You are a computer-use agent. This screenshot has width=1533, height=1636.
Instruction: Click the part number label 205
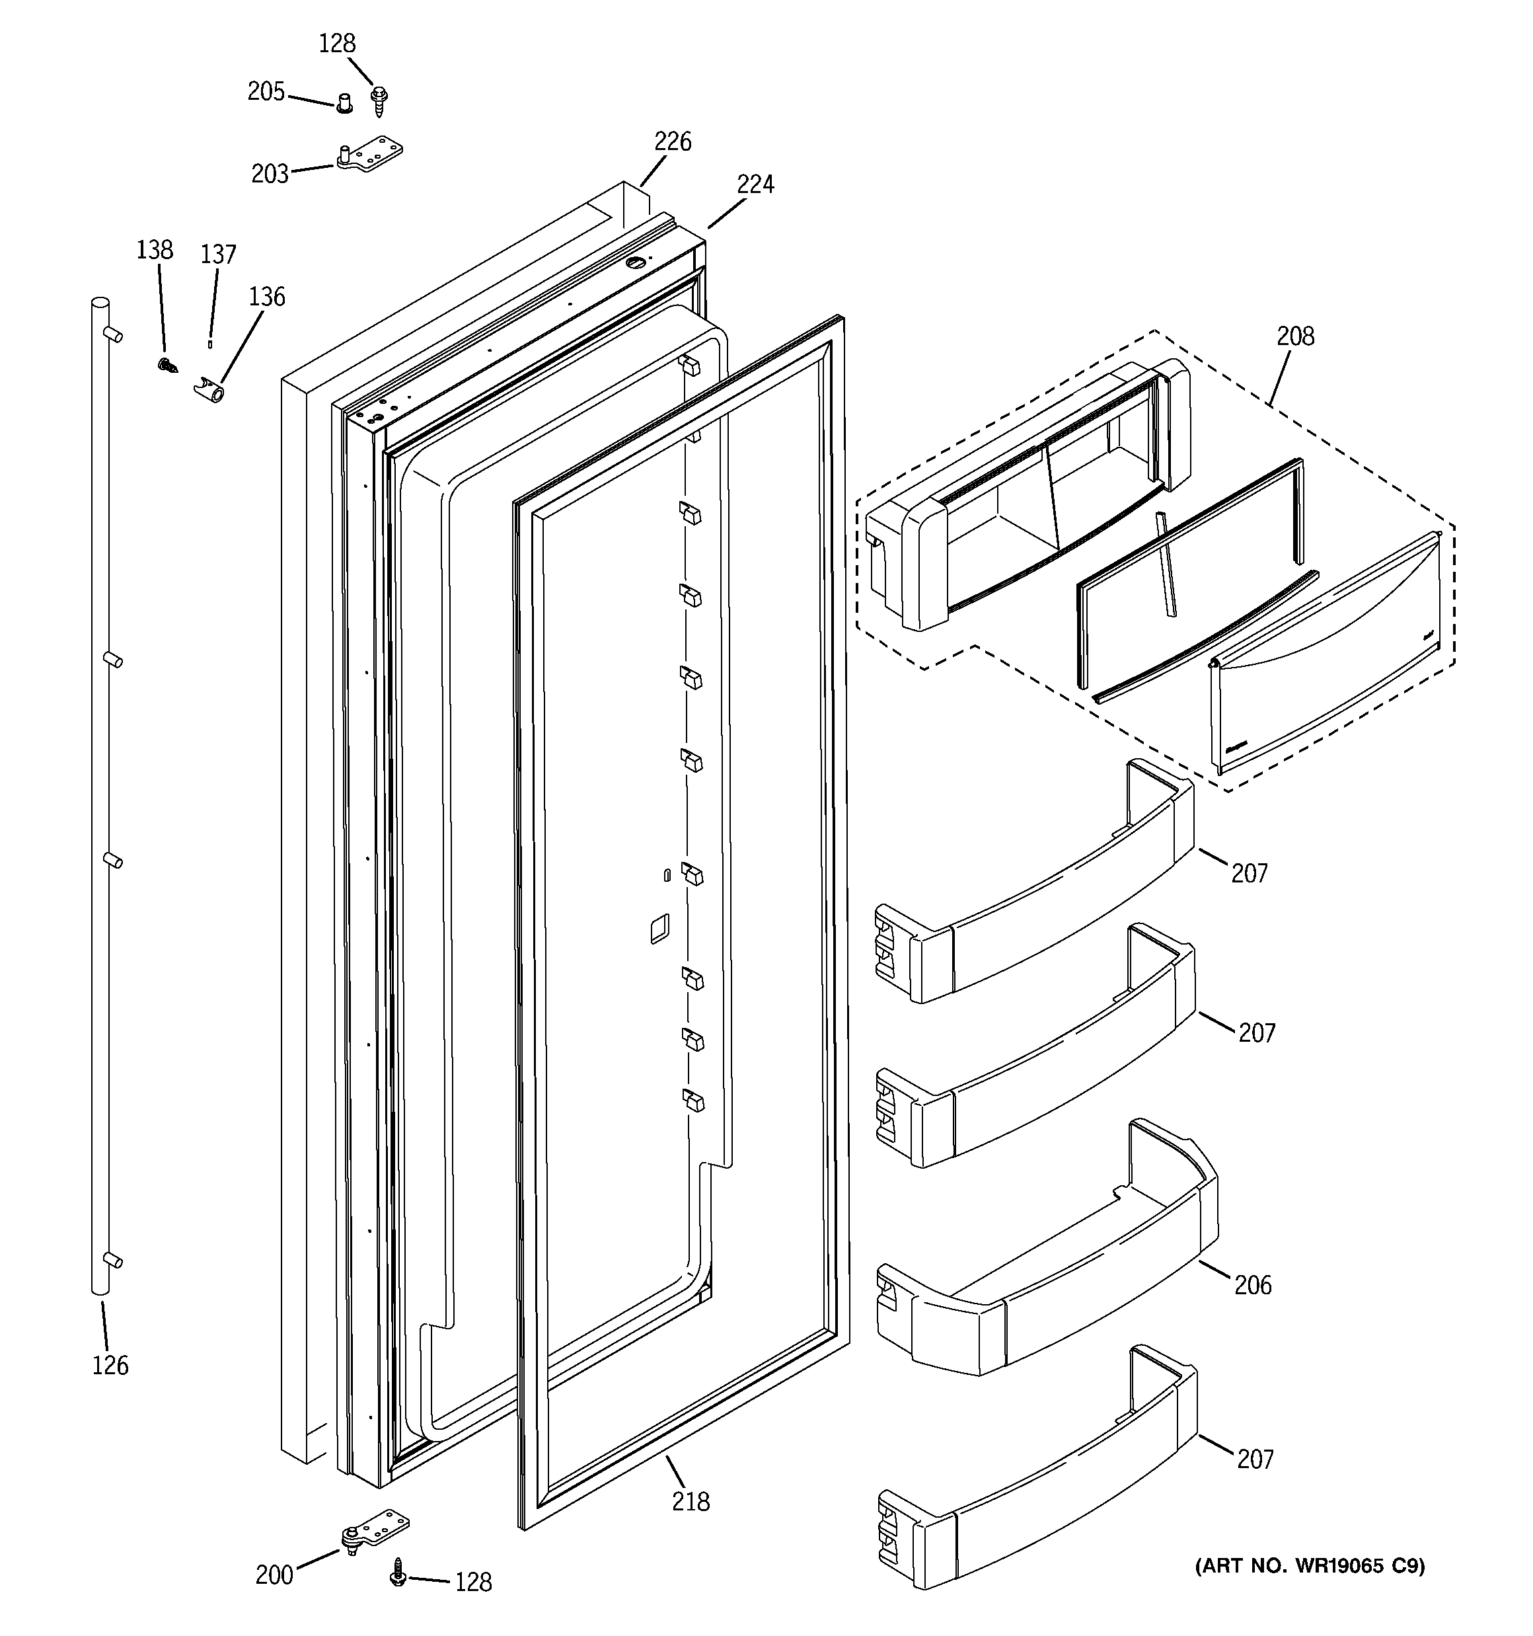266,91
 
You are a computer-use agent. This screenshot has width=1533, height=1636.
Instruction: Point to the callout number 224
755,184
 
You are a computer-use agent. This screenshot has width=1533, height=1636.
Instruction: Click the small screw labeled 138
168,365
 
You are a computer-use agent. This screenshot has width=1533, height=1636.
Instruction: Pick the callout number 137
218,254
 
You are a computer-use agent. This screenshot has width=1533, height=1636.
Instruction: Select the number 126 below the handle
110,1365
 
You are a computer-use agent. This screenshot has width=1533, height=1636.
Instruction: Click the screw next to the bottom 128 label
398,1571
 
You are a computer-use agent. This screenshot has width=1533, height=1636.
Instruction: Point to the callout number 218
690,1502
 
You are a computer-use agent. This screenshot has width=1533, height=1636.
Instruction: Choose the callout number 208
1295,336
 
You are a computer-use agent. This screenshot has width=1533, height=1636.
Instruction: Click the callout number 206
1252,1284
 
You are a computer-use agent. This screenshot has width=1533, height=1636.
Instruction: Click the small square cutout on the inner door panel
659,928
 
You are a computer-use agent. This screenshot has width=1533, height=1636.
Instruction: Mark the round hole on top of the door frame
636,262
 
